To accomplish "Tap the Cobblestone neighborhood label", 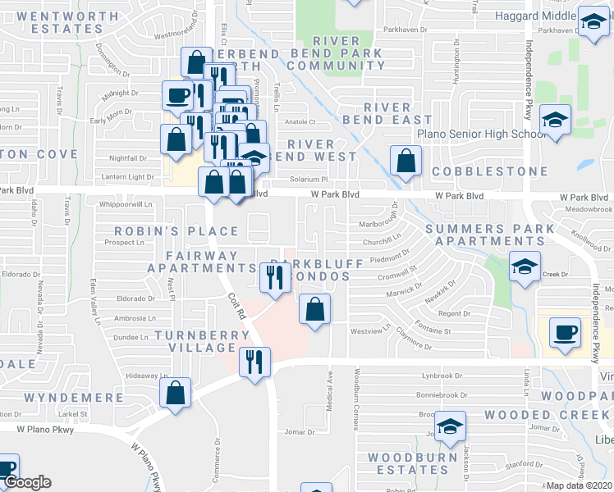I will pyautogui.click(x=489, y=171).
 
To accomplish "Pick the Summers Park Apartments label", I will pyautogui.click(x=490, y=234).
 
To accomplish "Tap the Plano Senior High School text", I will pyautogui.click(x=481, y=134).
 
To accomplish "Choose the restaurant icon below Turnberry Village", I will pyautogui.click(x=254, y=359).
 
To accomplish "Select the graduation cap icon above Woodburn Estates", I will pyautogui.click(x=450, y=426).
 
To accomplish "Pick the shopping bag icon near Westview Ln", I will pyautogui.click(x=314, y=309).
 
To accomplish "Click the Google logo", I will pyautogui.click(x=28, y=482).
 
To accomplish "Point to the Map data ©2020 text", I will pyautogui.click(x=580, y=485).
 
